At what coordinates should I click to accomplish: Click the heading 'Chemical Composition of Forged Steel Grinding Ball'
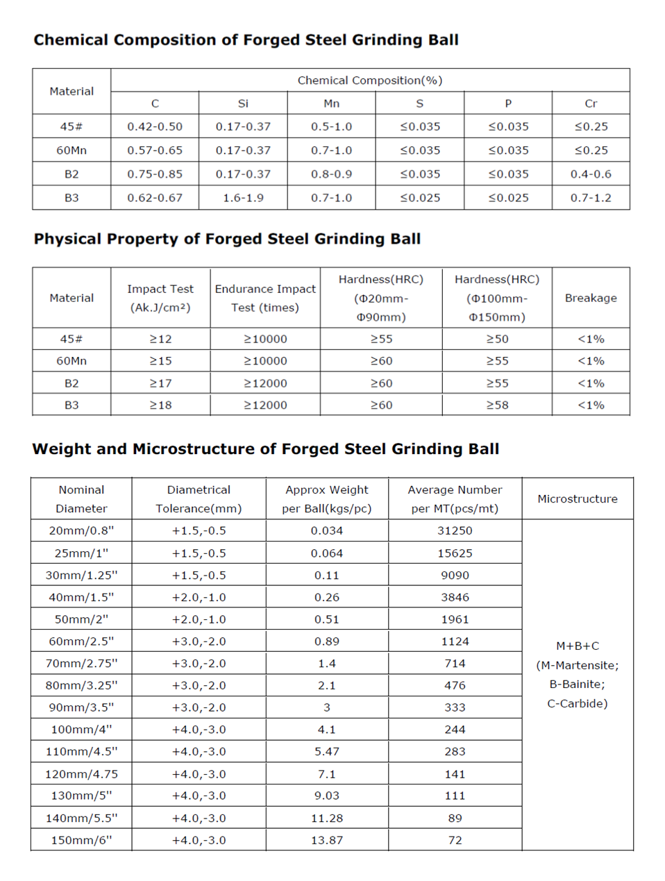[x=246, y=40]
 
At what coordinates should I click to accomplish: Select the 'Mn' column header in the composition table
[x=331, y=103]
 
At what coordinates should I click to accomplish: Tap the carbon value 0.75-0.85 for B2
[x=154, y=174]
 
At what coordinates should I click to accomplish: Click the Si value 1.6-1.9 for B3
[x=243, y=198]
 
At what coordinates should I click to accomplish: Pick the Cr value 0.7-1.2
[x=591, y=198]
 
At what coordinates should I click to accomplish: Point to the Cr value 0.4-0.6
[x=591, y=174]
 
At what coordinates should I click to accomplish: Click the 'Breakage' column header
[x=591, y=298]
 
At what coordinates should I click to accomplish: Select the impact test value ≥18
[x=160, y=405]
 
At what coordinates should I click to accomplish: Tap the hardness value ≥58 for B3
[x=497, y=405]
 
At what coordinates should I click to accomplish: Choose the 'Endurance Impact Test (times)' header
[x=265, y=298]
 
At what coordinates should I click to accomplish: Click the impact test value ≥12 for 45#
[x=160, y=339]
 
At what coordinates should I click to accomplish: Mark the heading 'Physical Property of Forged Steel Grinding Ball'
[x=227, y=240]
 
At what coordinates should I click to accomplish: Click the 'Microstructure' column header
[x=578, y=498]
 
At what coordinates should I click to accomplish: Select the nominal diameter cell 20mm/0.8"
[x=81, y=530]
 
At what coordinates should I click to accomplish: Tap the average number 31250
[x=455, y=530]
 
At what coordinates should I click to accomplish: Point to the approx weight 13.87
[x=326, y=840]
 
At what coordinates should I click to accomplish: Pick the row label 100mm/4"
[x=81, y=730]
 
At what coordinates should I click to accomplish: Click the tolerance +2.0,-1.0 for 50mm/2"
[x=199, y=619]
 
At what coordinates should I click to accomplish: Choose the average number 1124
[x=455, y=641]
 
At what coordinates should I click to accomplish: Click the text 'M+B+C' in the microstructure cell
[x=578, y=646]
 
